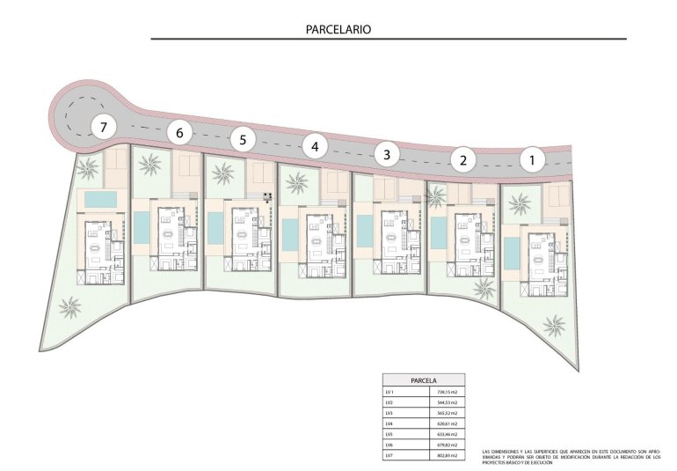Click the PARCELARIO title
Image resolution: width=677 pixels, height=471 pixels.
338,29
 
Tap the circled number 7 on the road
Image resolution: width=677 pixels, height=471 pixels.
104,128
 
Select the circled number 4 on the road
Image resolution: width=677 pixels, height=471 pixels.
315,146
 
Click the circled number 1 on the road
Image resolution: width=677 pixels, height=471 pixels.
531,161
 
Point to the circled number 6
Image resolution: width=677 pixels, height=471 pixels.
179,133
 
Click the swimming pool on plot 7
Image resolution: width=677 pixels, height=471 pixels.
99,200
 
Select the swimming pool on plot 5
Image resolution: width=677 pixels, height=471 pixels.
215,228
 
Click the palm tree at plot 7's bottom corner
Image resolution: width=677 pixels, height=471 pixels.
69,307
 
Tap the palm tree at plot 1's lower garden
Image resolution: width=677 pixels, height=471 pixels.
554,326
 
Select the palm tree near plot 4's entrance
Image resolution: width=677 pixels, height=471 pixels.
297,182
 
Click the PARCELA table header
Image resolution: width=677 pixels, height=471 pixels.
424,380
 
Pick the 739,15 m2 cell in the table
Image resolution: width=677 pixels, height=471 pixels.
448,392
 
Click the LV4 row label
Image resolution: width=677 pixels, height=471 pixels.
390,422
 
